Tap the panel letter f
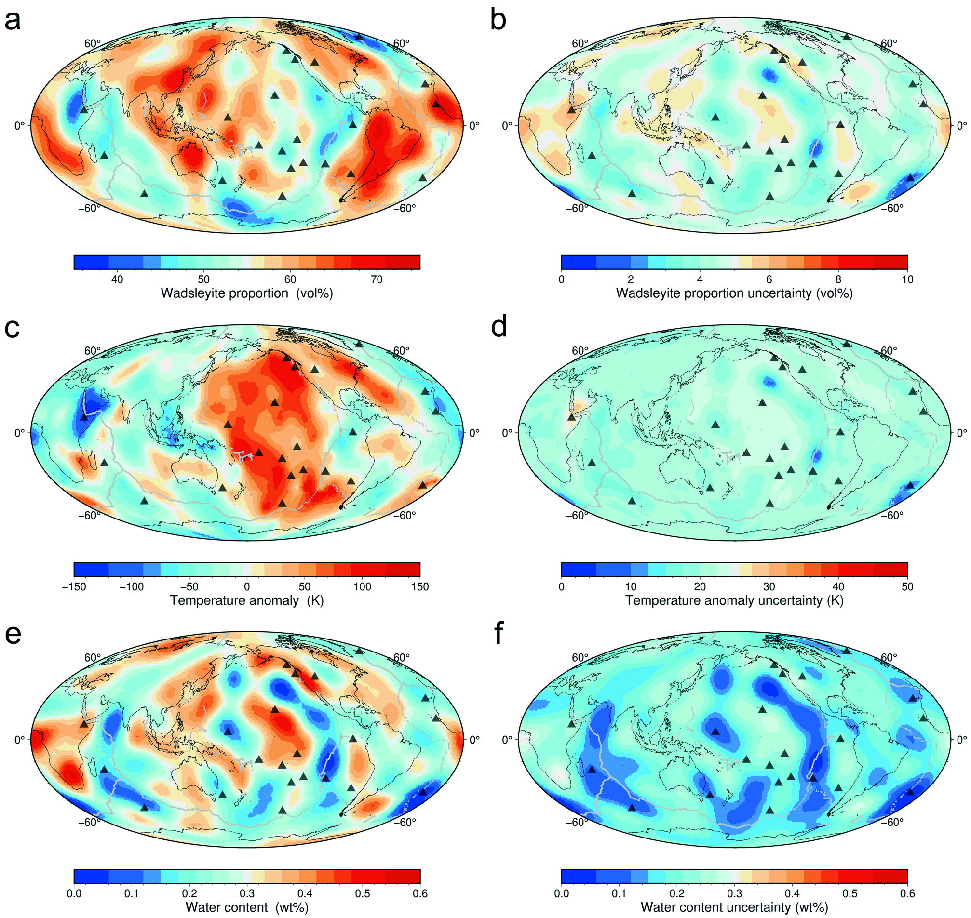[x=499, y=634]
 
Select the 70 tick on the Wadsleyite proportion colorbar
[x=377, y=279]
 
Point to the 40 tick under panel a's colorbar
[x=117, y=279]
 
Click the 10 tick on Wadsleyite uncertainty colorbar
[x=907, y=279]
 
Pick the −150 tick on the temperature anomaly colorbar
[x=74, y=587]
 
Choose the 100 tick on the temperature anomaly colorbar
[x=363, y=587]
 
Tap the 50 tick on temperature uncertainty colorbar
[x=907, y=587]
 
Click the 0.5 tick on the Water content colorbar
[x=363, y=893]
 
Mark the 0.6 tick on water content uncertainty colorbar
[x=907, y=893]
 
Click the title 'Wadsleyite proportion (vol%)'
[x=247, y=293]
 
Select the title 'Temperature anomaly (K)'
[x=247, y=600]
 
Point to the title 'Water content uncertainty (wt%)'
[x=734, y=907]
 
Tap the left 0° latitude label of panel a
[x=20, y=126]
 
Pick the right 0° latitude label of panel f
[x=962, y=739]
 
